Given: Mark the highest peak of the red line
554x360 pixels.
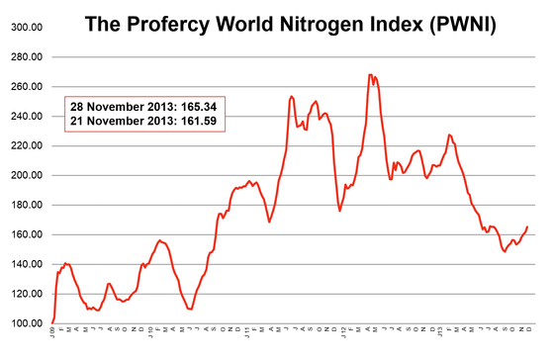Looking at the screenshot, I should pos(370,74).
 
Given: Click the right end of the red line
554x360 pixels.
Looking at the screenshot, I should pos(527,226).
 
